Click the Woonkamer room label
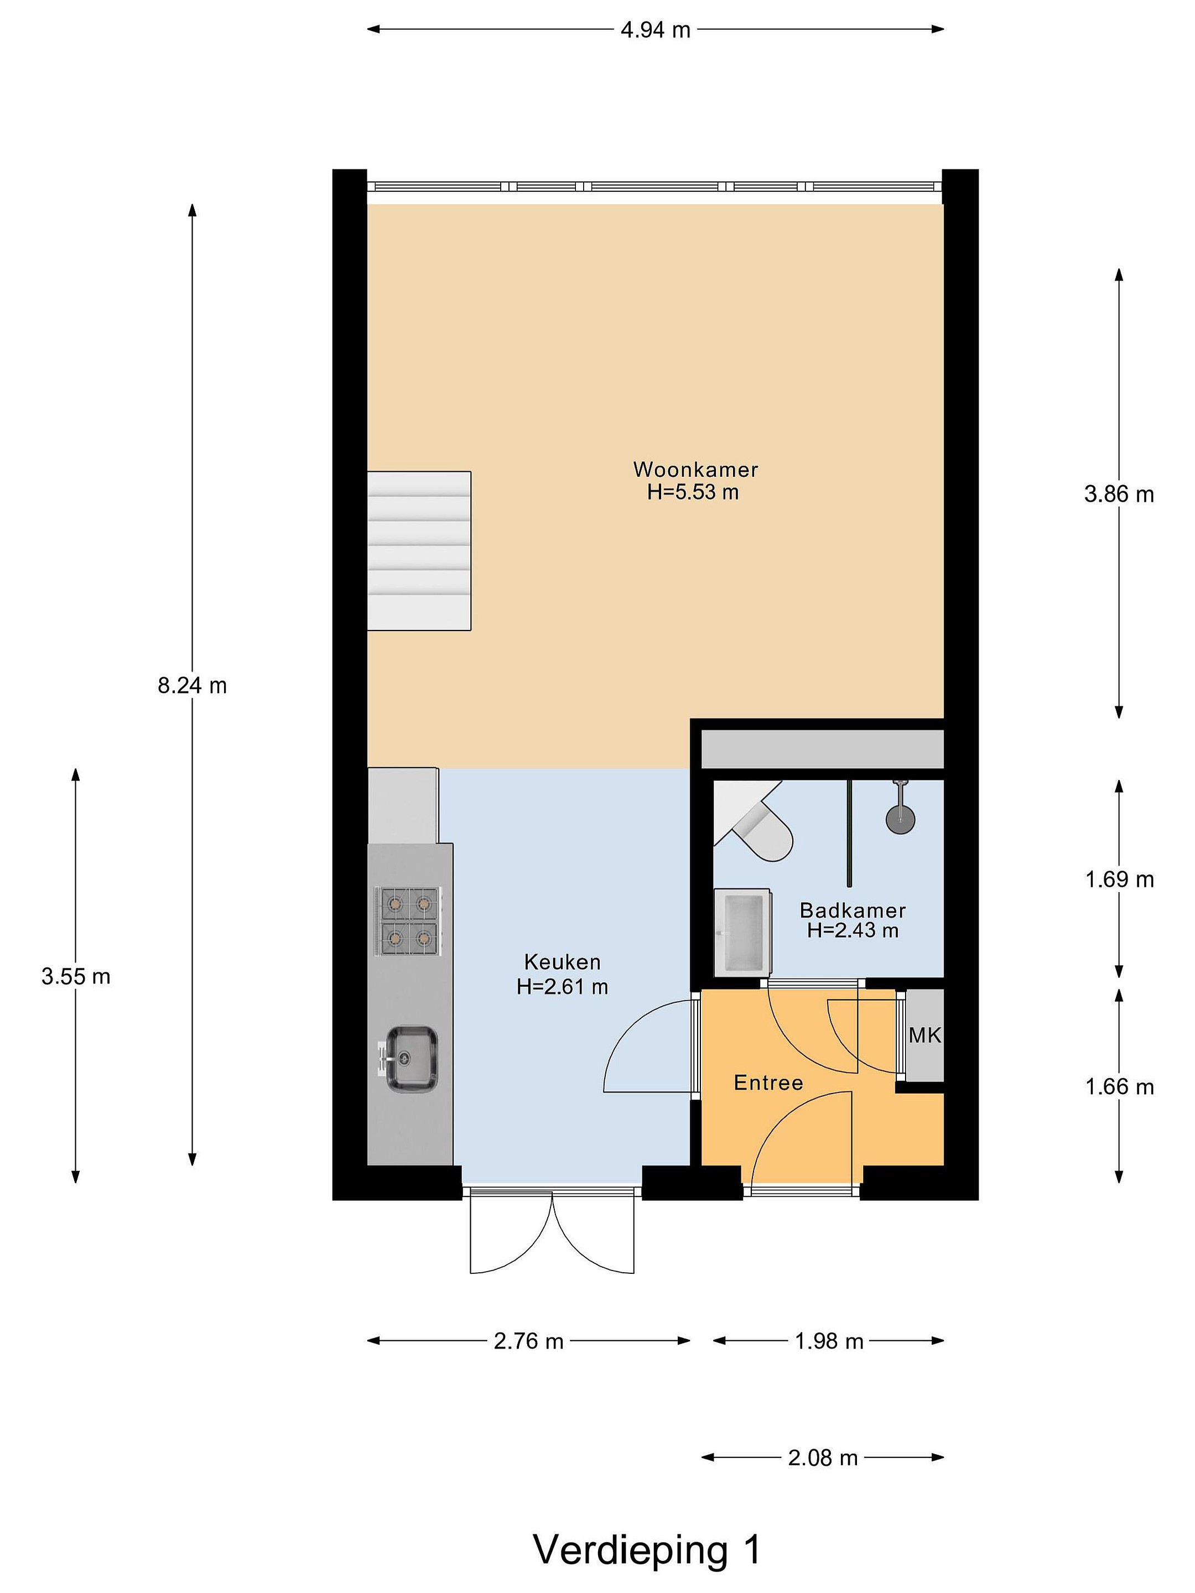pyautogui.click(x=695, y=470)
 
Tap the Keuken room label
pyautogui.click(x=562, y=962)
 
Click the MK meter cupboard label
pyautogui.click(x=925, y=1035)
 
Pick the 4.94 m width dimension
pyautogui.click(x=656, y=29)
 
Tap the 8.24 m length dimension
pyautogui.click(x=193, y=685)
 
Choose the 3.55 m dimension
pyautogui.click(x=76, y=976)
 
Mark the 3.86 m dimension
pyautogui.click(x=1119, y=494)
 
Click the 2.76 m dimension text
pyautogui.click(x=529, y=1341)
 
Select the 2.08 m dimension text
pyautogui.click(x=823, y=1457)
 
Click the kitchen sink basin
pyautogui.click(x=411, y=1059)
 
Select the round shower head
pyautogui.click(x=900, y=820)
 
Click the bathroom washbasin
pyautogui.click(x=742, y=933)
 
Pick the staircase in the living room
pyautogui.click(x=419, y=551)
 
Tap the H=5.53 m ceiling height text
pyautogui.click(x=693, y=493)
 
